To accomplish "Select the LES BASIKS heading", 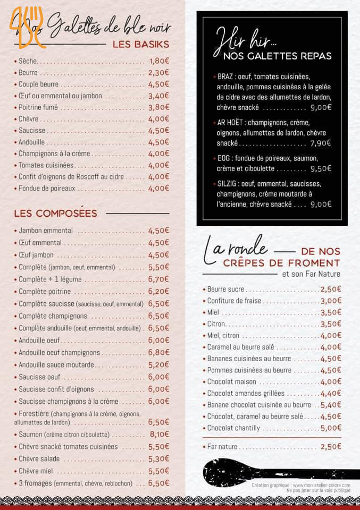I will tap(140, 44).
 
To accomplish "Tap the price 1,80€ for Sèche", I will tap(158, 61).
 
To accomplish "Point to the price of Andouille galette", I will tap(158, 142).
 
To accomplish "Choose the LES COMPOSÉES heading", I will tap(55, 214).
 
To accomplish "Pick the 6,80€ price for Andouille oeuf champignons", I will tap(158, 352).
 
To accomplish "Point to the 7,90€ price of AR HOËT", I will tap(320, 143).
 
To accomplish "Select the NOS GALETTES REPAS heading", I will tap(278, 56).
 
